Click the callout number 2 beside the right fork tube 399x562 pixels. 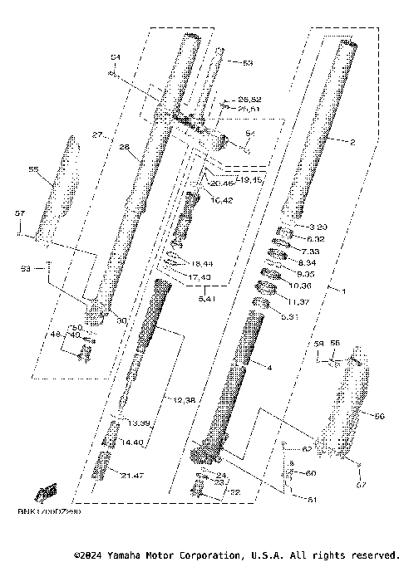point(352,142)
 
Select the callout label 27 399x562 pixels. point(97,134)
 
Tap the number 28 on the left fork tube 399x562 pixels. point(125,148)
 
